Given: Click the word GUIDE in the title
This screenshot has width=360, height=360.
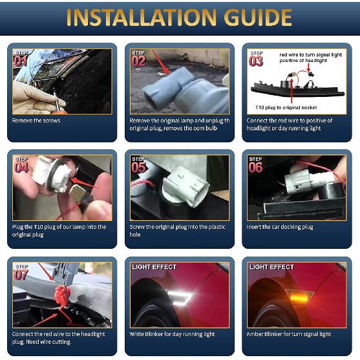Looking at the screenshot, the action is (258, 17).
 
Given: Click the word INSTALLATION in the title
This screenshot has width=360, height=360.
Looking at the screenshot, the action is (141, 17).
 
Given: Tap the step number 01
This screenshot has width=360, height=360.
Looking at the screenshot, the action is (21, 61).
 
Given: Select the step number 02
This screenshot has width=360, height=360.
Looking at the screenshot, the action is (138, 61).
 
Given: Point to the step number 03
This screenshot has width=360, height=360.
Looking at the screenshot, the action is (256, 61).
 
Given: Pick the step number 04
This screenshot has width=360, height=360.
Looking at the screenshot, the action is (21, 167).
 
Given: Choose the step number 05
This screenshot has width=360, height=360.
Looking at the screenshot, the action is (138, 167).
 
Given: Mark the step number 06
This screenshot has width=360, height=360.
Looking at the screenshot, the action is (255, 167).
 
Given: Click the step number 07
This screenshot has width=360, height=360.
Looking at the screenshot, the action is (21, 275).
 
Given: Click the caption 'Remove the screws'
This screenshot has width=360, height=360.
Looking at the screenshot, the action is (36, 120).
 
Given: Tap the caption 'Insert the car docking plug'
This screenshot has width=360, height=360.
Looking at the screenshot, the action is (280, 227).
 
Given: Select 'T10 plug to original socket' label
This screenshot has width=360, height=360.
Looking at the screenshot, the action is (286, 107).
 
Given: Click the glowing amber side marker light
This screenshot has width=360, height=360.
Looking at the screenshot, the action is (299, 298).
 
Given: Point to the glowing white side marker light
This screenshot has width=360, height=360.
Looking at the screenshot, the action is (179, 297).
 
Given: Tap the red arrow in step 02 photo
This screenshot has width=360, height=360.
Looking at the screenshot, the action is (160, 61).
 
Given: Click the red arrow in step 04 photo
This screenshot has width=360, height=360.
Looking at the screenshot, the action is (84, 184).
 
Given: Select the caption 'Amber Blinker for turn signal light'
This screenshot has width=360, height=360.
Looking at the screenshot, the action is (289, 334).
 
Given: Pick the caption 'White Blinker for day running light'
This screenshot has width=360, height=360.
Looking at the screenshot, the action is (172, 334).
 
